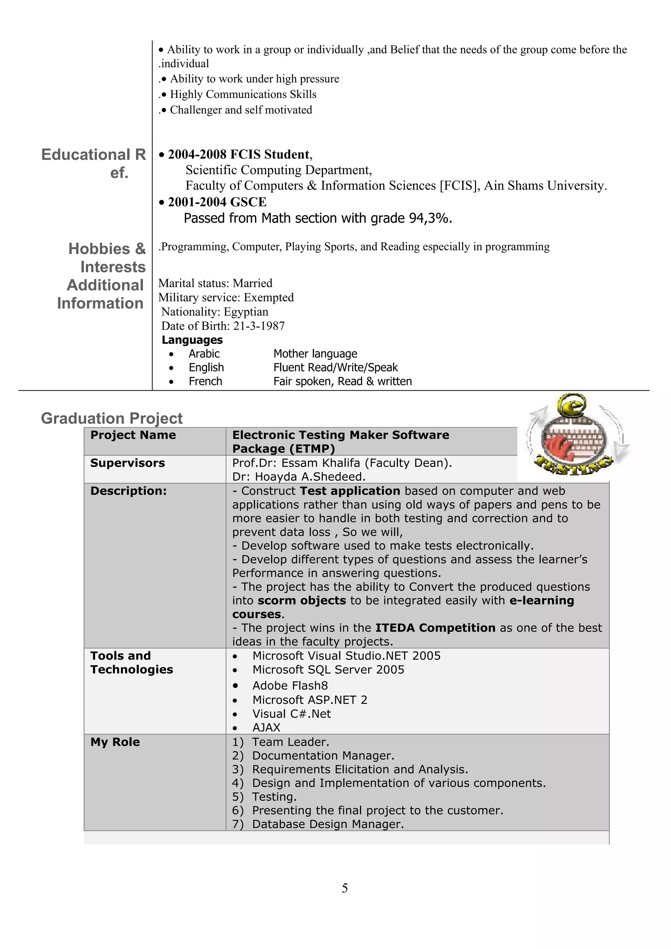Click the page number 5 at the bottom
[344, 888]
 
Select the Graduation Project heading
[112, 418]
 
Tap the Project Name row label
[133, 435]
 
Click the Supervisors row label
[127, 463]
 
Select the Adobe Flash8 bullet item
[290, 686]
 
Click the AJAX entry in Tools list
[266, 727]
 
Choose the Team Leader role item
[290, 742]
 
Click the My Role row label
[115, 742]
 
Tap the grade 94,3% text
[430, 218]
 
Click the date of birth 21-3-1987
[259, 326]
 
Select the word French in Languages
[205, 381]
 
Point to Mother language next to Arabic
[315, 354]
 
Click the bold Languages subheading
[192, 340]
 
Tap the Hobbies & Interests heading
[107, 257]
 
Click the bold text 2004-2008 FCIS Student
[238, 155]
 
